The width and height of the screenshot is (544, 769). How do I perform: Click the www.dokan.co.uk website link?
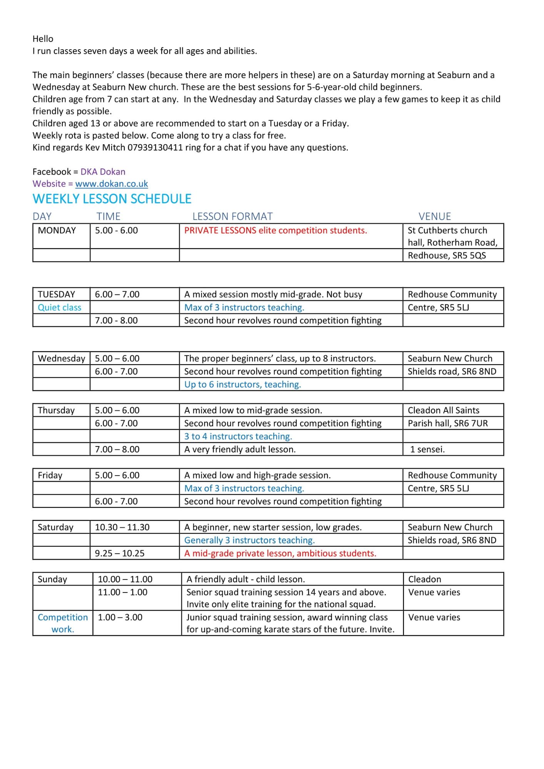pyautogui.click(x=112, y=184)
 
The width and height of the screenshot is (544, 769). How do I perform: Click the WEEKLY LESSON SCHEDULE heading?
pyautogui.click(x=112, y=199)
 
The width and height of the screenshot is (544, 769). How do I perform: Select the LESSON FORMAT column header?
pyautogui.click(x=232, y=216)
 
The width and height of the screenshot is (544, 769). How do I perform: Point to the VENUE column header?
pyautogui.click(x=435, y=216)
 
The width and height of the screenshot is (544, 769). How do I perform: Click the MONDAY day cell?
pyautogui.click(x=57, y=231)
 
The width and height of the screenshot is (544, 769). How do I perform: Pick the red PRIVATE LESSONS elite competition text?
pyautogui.click(x=275, y=231)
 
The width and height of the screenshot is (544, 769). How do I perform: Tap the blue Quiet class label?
pyautogui.click(x=60, y=308)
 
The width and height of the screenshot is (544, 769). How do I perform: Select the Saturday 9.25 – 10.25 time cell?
pyautogui.click(x=120, y=553)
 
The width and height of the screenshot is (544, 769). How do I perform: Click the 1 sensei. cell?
pyautogui.click(x=427, y=449)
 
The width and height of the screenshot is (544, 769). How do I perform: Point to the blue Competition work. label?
pyautogui.click(x=63, y=623)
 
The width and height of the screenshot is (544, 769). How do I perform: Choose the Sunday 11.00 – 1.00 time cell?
pyautogui.click(x=122, y=592)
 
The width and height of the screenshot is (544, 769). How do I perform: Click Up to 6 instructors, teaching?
pyautogui.click(x=242, y=384)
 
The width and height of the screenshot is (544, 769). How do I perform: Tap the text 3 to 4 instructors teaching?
pyautogui.click(x=238, y=436)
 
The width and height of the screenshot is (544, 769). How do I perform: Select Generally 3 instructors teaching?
pyautogui.click(x=249, y=540)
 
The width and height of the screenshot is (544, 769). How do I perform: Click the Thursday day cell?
pyautogui.click(x=56, y=410)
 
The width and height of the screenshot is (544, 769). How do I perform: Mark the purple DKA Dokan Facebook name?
pyautogui.click(x=103, y=172)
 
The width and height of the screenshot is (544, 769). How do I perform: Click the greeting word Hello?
pyautogui.click(x=43, y=39)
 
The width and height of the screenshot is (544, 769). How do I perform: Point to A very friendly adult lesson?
pyautogui.click(x=240, y=449)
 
